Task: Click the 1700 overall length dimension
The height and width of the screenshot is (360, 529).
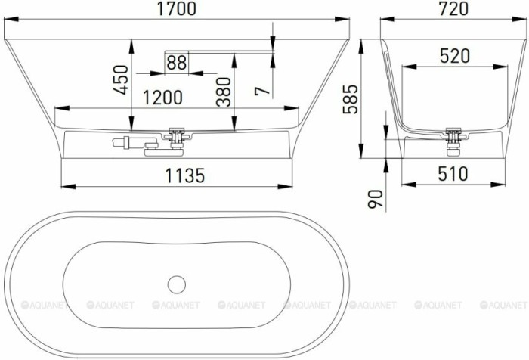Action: point(177,10)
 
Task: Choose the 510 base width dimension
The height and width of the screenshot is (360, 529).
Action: point(451,174)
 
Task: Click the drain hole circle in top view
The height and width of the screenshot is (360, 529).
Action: point(177,284)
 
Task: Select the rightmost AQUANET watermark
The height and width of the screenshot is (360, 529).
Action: point(502,305)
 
